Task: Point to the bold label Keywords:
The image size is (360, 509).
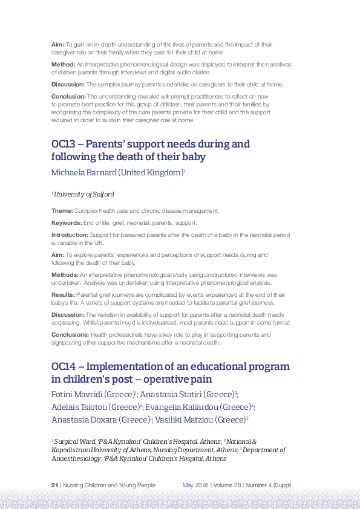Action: [66, 222]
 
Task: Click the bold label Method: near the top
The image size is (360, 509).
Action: [63, 63]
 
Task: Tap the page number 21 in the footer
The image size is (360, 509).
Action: [54, 485]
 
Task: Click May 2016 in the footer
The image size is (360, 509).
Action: [195, 485]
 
